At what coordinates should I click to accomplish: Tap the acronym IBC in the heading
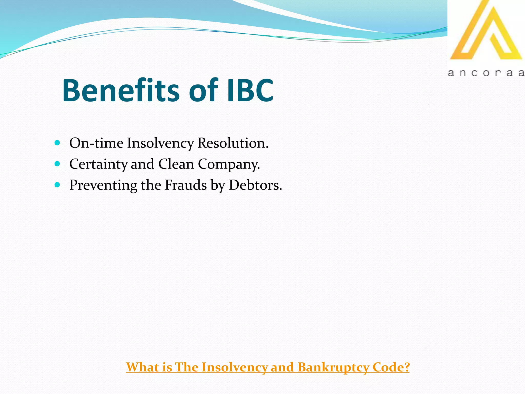tap(250, 90)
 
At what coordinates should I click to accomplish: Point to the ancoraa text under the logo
tap(486, 73)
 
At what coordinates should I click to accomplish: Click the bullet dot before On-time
tap(57, 143)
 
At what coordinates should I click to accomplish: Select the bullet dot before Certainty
tap(57, 164)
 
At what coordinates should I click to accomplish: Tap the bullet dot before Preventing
tap(57, 185)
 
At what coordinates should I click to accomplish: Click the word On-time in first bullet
tap(96, 143)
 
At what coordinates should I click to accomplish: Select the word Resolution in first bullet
tap(233, 143)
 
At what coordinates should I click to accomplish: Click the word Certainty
tap(98, 164)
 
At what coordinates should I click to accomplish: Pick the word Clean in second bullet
tap(176, 164)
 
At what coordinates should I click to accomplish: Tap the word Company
tap(229, 164)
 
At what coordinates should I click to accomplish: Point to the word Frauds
tap(186, 185)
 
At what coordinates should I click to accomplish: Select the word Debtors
tap(255, 185)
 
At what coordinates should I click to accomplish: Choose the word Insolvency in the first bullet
tap(160, 143)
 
